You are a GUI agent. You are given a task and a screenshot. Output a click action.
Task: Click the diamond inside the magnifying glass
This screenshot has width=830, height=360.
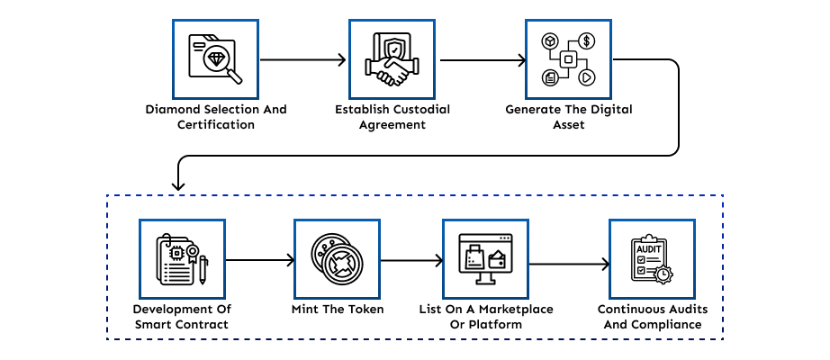(216, 58)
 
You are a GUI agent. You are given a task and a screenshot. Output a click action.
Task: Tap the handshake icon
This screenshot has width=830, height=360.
(392, 71)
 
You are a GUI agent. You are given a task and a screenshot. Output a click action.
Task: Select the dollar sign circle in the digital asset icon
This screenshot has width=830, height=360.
(586, 40)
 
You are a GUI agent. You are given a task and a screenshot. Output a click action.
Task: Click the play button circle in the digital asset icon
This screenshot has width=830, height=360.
(587, 77)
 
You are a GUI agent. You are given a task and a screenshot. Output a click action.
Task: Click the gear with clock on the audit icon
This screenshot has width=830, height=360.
(663, 274)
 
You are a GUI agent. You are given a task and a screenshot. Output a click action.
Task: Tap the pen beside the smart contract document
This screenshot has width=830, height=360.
(203, 270)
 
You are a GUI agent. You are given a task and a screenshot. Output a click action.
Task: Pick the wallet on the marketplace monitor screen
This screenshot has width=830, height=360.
(498, 259)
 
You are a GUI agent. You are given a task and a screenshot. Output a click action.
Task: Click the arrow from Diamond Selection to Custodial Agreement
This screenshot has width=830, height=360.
(302, 59)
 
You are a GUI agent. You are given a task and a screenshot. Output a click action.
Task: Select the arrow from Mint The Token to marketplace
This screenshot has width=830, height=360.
(411, 260)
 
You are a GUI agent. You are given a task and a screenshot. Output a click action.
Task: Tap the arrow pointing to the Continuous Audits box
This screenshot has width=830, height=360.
(569, 264)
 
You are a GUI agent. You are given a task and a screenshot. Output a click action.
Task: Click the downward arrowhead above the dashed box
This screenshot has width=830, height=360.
(178, 185)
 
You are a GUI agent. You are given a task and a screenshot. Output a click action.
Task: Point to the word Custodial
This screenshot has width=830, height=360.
(421, 110)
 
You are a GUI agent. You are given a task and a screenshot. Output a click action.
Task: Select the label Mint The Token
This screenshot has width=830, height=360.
(338, 310)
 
